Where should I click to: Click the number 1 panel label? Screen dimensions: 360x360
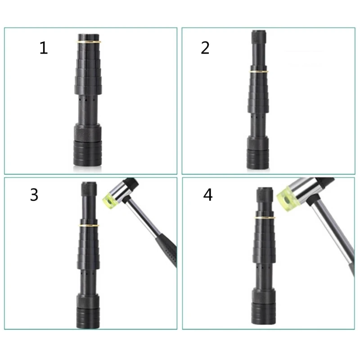click(43, 48)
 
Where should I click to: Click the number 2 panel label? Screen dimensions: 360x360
click(205, 48)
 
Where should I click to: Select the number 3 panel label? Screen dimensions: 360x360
click(34, 194)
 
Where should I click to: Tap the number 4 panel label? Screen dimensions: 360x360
click(208, 195)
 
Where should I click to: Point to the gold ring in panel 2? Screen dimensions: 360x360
click(258, 72)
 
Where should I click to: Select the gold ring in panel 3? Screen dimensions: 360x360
click(89, 224)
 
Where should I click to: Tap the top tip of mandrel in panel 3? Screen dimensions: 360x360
click(89, 185)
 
